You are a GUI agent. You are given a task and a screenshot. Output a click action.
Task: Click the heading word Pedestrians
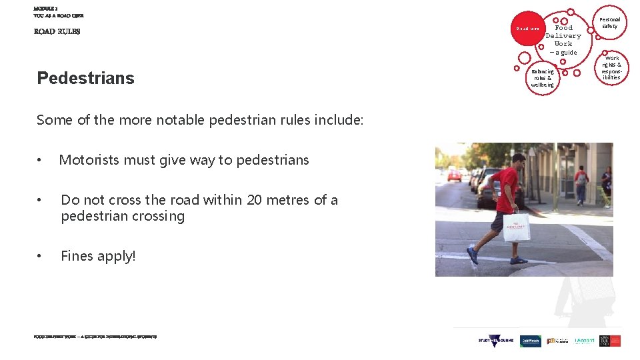coord(85,78)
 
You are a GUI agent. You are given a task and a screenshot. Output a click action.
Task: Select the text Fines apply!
coord(98,256)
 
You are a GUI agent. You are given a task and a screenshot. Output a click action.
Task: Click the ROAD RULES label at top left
coord(57,31)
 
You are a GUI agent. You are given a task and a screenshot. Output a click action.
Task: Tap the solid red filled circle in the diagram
coord(527,29)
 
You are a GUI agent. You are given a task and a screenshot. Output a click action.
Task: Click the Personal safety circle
coord(609,23)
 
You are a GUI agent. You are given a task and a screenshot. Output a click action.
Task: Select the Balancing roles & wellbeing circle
coord(543,78)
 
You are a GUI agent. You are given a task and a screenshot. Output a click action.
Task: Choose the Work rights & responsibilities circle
coord(611,68)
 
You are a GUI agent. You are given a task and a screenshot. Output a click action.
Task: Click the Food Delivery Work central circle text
coord(563,36)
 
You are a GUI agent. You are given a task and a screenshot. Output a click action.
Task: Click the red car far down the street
coord(455,175)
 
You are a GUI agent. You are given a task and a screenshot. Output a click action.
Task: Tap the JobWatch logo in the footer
coord(531,341)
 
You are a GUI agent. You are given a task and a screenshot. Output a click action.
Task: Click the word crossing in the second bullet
coord(159,216)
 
